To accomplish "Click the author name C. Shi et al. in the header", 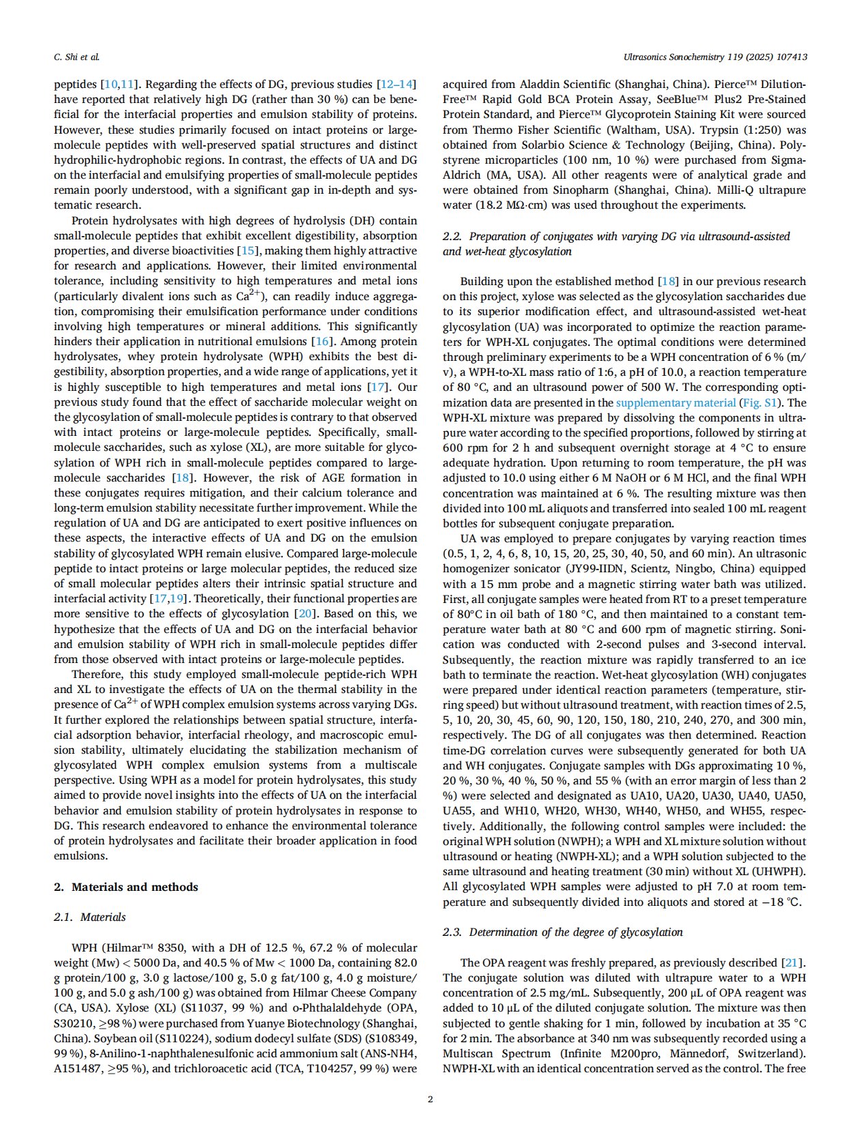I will coord(76,57).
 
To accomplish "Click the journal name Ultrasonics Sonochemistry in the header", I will coord(682,57).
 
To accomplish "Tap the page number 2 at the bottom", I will coord(430,1099).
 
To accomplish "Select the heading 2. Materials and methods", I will coord(126,887).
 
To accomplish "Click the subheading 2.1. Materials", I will coord(90,917).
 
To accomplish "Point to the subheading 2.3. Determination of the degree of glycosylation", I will coord(563,932).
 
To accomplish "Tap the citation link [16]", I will coord(321,341).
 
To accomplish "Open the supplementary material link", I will coord(675,402).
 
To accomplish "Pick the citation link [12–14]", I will coord(396,85).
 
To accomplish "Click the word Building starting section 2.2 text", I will coord(482,281).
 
